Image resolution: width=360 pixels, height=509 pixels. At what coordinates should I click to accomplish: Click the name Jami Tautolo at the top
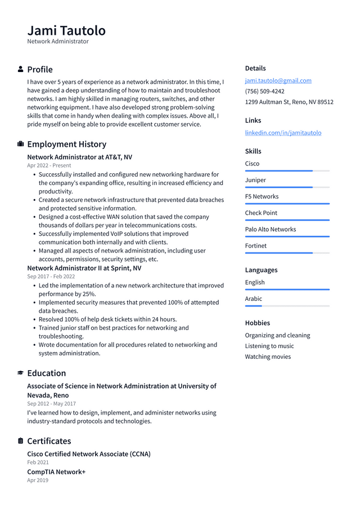(x=66, y=30)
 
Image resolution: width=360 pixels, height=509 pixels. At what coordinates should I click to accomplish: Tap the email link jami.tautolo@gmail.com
(x=278, y=80)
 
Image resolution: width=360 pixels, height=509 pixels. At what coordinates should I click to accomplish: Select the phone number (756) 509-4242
(x=264, y=91)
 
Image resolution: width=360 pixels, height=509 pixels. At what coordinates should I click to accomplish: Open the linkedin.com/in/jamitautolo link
(x=283, y=133)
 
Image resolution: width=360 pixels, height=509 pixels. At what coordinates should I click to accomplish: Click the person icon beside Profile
(x=21, y=69)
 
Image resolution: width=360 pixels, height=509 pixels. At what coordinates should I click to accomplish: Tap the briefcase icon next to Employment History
(x=21, y=144)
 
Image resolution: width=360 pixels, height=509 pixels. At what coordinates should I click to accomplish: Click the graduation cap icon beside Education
(x=21, y=373)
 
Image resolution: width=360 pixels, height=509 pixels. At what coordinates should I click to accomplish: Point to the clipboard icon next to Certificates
(x=21, y=441)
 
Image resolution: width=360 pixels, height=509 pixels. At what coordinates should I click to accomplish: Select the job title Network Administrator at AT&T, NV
(x=79, y=157)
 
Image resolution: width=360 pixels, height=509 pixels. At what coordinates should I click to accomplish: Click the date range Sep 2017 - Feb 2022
(x=51, y=277)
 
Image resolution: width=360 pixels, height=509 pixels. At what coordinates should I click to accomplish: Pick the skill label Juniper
(x=255, y=180)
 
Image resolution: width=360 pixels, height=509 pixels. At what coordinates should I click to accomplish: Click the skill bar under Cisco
(x=287, y=171)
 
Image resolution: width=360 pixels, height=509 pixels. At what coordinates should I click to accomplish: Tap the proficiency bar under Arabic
(x=287, y=306)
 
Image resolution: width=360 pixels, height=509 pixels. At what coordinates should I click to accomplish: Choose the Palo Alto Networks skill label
(x=270, y=229)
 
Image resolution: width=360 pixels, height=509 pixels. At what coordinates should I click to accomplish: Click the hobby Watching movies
(x=268, y=357)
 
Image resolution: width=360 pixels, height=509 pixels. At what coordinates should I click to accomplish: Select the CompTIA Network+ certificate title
(x=56, y=472)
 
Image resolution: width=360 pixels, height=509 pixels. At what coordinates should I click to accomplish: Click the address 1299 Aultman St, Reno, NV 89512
(x=289, y=102)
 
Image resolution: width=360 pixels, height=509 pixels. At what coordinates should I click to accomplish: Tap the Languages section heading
(x=261, y=270)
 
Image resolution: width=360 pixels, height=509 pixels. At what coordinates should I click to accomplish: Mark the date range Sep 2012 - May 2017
(x=51, y=404)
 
